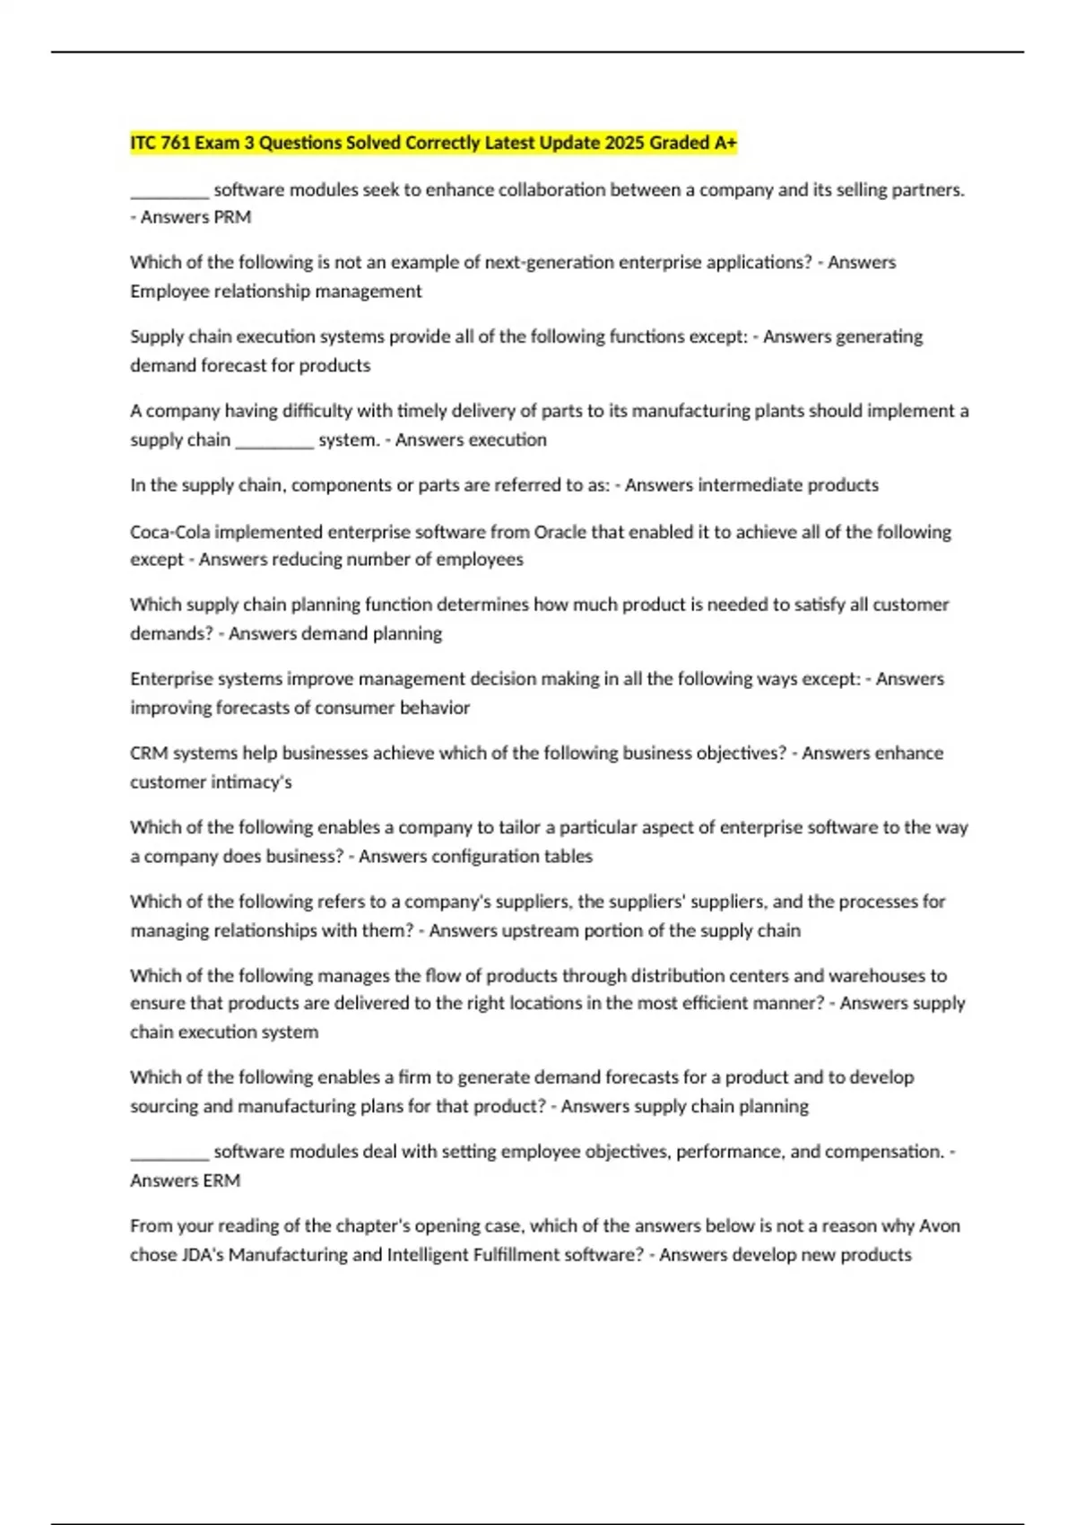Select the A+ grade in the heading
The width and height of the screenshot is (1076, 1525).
[x=725, y=144]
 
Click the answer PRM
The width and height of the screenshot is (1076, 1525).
[x=233, y=217]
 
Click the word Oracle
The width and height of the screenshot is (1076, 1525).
[x=560, y=532]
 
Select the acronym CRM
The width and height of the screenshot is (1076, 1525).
[x=149, y=754]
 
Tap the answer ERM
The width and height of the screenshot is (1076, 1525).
[x=222, y=1181]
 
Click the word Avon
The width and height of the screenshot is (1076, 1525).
[x=941, y=1226]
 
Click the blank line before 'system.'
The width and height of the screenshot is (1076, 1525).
[x=274, y=441]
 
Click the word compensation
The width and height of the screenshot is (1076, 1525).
[x=881, y=1152]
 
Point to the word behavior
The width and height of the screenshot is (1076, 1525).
[x=435, y=708]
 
